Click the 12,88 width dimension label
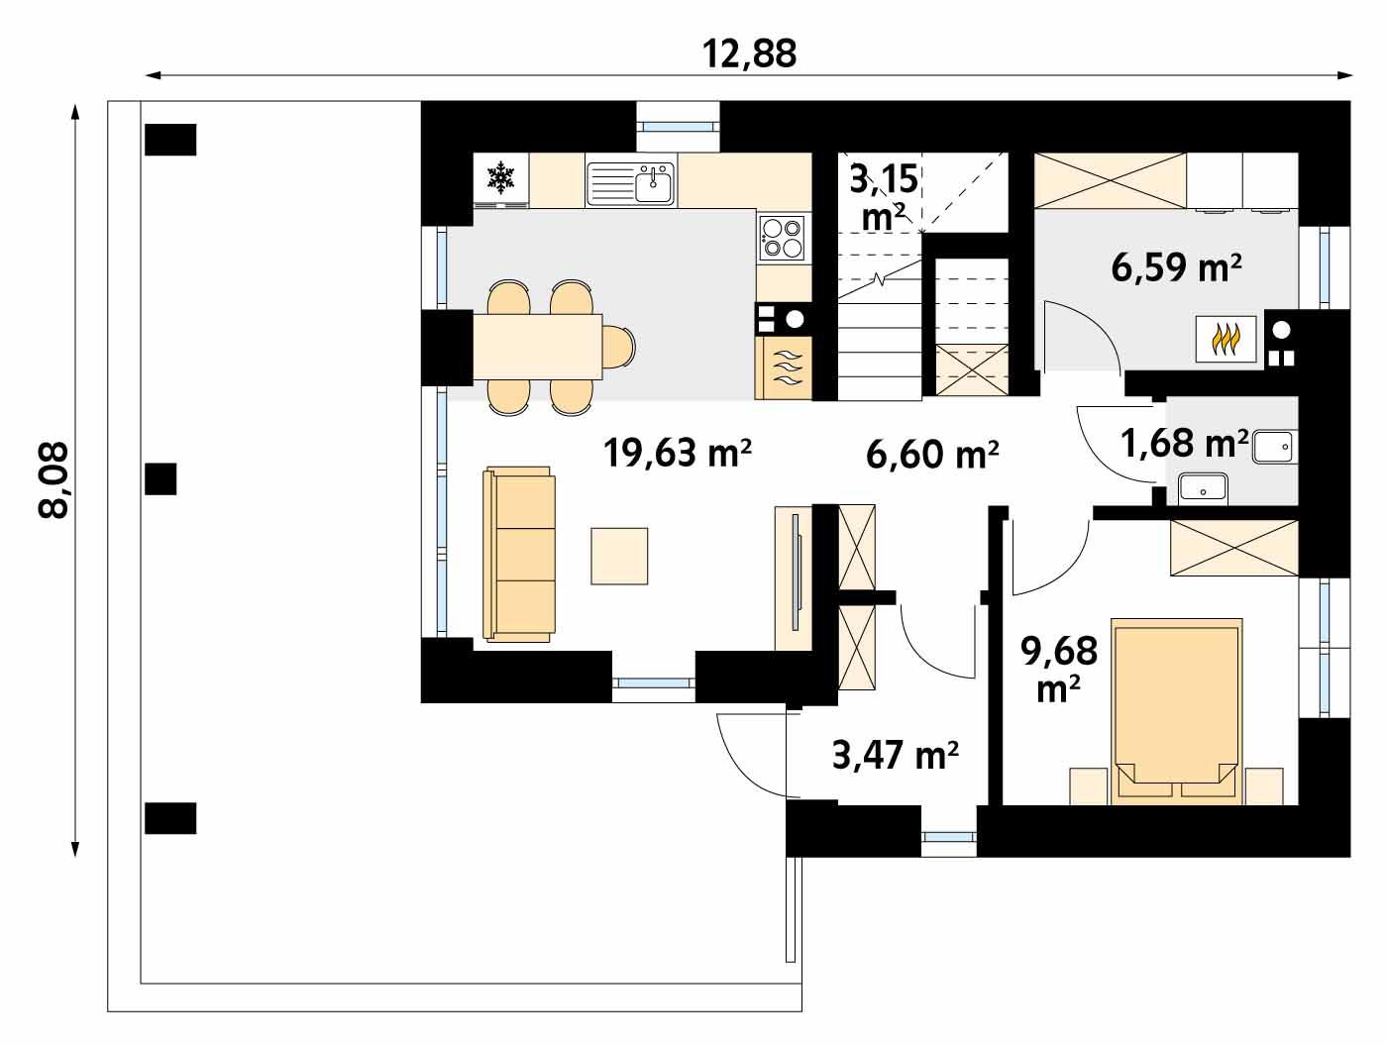click(x=749, y=53)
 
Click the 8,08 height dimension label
click(x=53, y=479)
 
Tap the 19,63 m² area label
click(x=678, y=454)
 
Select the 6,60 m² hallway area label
click(x=931, y=455)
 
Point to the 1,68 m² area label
click(x=1183, y=443)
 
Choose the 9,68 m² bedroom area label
click(x=1059, y=668)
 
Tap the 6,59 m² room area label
click(x=1177, y=267)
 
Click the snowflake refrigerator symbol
click(x=501, y=179)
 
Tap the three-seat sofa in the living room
click(x=518, y=556)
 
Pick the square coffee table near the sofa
click(x=619, y=556)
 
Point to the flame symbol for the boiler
click(x=1226, y=340)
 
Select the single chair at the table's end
click(x=620, y=346)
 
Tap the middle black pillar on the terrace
click(x=160, y=479)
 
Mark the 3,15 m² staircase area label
click(x=884, y=196)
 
